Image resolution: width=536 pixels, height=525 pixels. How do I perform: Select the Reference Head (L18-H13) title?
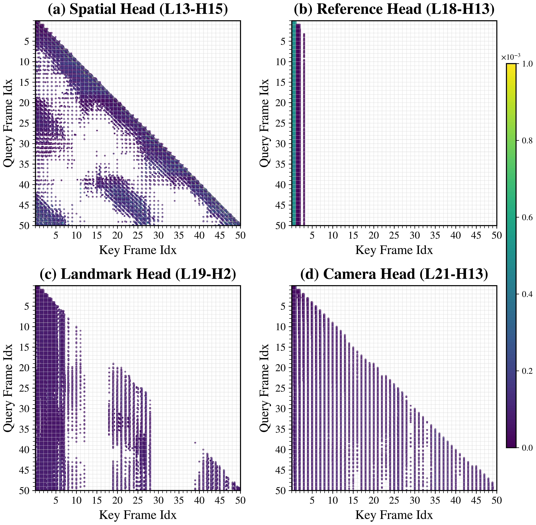pyautogui.click(x=394, y=9)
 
